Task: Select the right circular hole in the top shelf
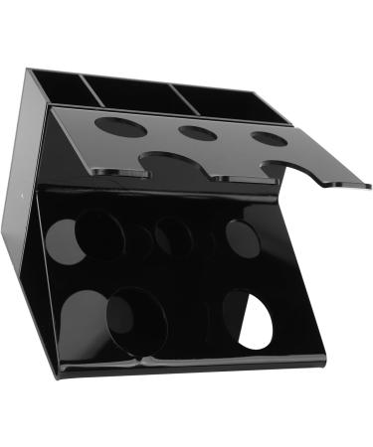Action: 268,138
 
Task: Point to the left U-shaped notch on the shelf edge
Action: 171,165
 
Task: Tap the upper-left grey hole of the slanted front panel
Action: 64,239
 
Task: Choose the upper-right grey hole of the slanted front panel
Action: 242,237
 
